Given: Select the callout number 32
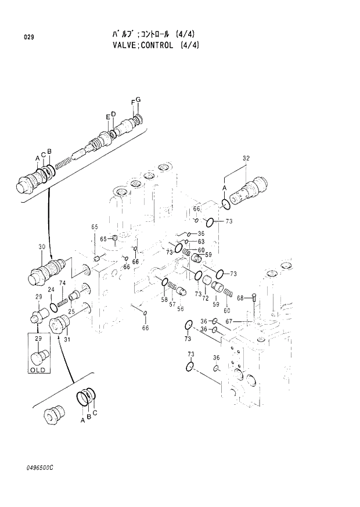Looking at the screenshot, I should click(246, 159).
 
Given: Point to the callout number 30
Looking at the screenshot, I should click(42, 247).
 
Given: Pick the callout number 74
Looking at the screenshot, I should click(62, 283).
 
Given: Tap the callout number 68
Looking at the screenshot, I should click(239, 299).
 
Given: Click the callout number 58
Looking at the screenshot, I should click(164, 300).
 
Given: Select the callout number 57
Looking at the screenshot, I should click(172, 304).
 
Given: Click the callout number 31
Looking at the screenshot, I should click(67, 340).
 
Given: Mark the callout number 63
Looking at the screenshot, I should click(201, 242).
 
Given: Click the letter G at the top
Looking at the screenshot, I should click(138, 100).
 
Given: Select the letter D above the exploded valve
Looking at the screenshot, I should click(113, 114).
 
